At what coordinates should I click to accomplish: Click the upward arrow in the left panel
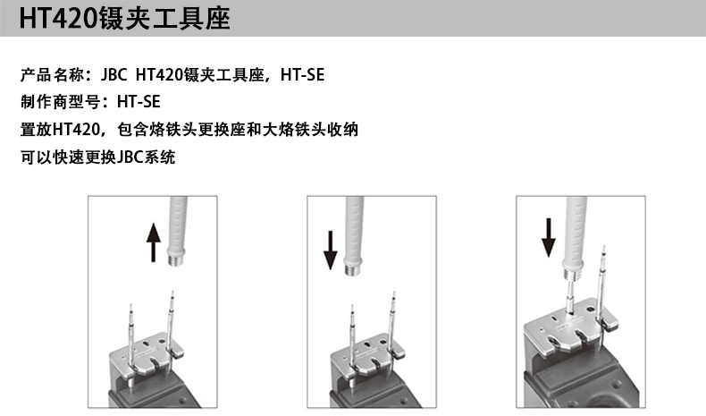154,242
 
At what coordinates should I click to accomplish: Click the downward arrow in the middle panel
331,250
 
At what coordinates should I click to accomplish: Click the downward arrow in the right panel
549,237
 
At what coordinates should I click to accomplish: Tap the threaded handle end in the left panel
175,260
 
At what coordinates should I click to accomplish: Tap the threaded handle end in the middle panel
352,269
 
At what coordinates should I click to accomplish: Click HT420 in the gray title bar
58,19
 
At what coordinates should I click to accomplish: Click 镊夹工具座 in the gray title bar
164,19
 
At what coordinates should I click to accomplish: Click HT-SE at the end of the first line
303,75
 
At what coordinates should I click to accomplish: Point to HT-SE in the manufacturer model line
139,102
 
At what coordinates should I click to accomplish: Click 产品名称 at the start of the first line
52,75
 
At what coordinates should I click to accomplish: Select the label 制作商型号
61,102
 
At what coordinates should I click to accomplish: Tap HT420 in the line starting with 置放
76,130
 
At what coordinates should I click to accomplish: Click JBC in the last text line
130,157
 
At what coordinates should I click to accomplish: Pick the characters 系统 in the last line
159,157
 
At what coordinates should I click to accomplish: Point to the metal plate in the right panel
570,326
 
